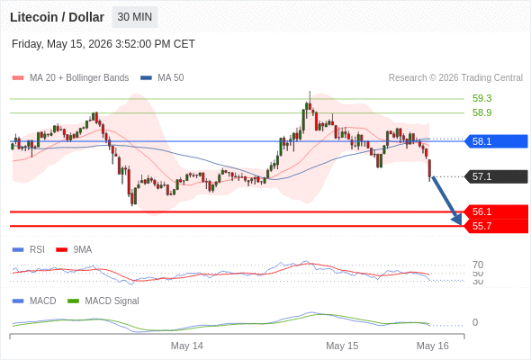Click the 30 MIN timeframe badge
pos(135,17)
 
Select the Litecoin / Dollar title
pos(57,17)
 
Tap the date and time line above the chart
pos(103,44)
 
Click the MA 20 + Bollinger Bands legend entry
pos(70,78)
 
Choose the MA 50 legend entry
pos(162,78)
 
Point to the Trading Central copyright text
pos(455,78)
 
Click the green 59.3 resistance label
pos(481,98)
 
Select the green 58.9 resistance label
pos(481,112)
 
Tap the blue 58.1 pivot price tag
pos(495,141)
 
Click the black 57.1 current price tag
pos(495,176)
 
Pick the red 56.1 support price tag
pos(495,211)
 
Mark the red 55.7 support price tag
pos(495,226)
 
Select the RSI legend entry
pos(29,249)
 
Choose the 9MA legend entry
pos(74,249)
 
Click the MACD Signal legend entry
pos(103,301)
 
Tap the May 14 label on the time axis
pos(187,346)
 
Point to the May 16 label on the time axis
pos(433,346)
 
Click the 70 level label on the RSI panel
pos(478,265)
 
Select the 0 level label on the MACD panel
pos(475,322)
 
